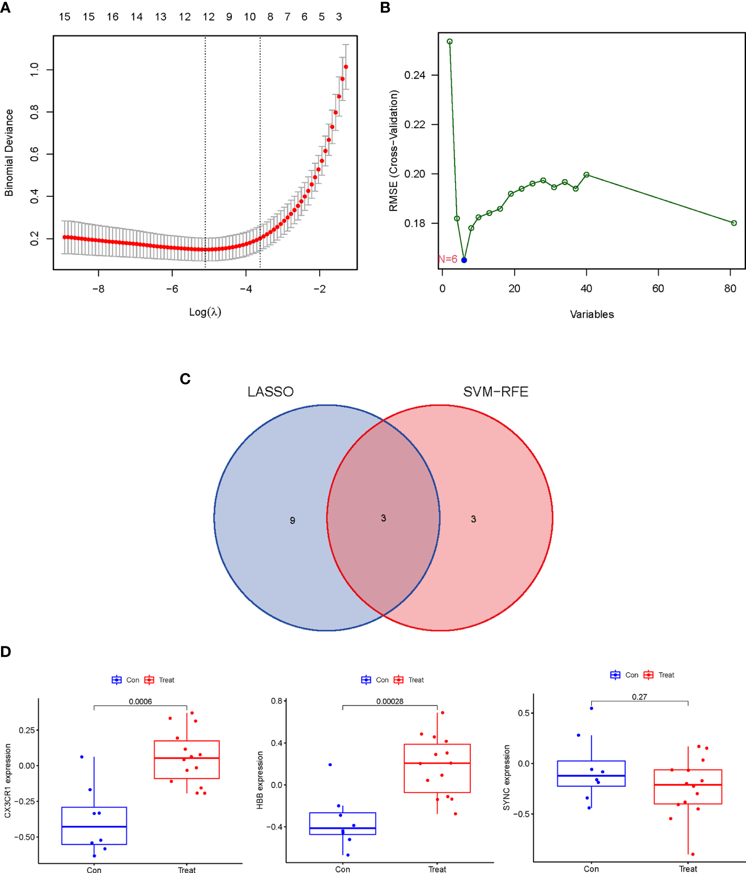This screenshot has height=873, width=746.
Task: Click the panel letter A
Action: tap(5, 8)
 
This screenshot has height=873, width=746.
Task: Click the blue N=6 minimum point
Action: tap(464, 260)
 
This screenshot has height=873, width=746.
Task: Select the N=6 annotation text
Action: tap(448, 259)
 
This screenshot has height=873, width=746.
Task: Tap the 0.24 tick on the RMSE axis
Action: tap(415, 75)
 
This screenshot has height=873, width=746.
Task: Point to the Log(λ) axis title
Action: tap(205, 312)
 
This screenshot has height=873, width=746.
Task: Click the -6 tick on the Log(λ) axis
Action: tap(172, 289)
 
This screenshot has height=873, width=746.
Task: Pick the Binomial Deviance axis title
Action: tap(9, 153)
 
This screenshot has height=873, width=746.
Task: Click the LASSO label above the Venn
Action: tap(270, 392)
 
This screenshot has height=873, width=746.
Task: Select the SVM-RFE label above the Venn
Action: tap(495, 392)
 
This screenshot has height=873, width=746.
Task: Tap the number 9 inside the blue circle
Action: tap(292, 521)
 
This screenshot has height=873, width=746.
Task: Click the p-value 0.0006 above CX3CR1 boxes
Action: tap(140, 702)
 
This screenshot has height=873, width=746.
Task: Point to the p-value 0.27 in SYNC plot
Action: tap(639, 697)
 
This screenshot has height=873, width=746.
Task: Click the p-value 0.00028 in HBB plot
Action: tap(390, 702)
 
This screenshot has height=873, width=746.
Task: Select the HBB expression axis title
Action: tap(260, 780)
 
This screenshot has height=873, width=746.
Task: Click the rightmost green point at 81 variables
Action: tap(734, 223)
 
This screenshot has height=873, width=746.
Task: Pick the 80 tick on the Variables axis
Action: tap(730, 289)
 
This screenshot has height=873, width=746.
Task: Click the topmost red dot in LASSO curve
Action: tap(346, 67)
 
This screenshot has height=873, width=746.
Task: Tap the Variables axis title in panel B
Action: tap(592, 315)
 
